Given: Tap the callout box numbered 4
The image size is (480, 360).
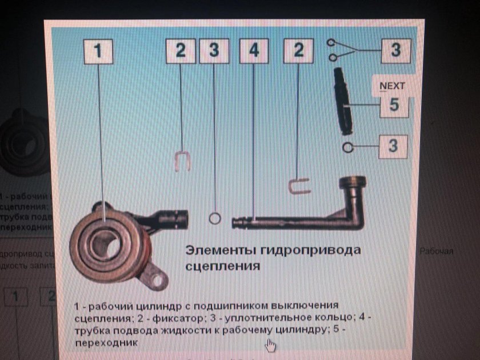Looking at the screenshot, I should pyautogui.click(x=254, y=50).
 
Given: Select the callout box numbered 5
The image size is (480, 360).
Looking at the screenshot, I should pyautogui.click(x=394, y=106).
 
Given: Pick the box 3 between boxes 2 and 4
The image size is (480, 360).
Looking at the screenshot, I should pyautogui.click(x=214, y=50).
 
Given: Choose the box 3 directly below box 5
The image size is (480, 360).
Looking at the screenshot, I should pyautogui.click(x=393, y=146).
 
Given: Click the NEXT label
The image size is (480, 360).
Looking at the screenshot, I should pyautogui.click(x=392, y=86).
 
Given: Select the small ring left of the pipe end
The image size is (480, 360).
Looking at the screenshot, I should pyautogui.click(x=214, y=218).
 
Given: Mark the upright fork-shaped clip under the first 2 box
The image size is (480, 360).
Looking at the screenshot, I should pyautogui.click(x=181, y=160).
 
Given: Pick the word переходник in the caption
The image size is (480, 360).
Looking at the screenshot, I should pyautogui.click(x=106, y=342).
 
